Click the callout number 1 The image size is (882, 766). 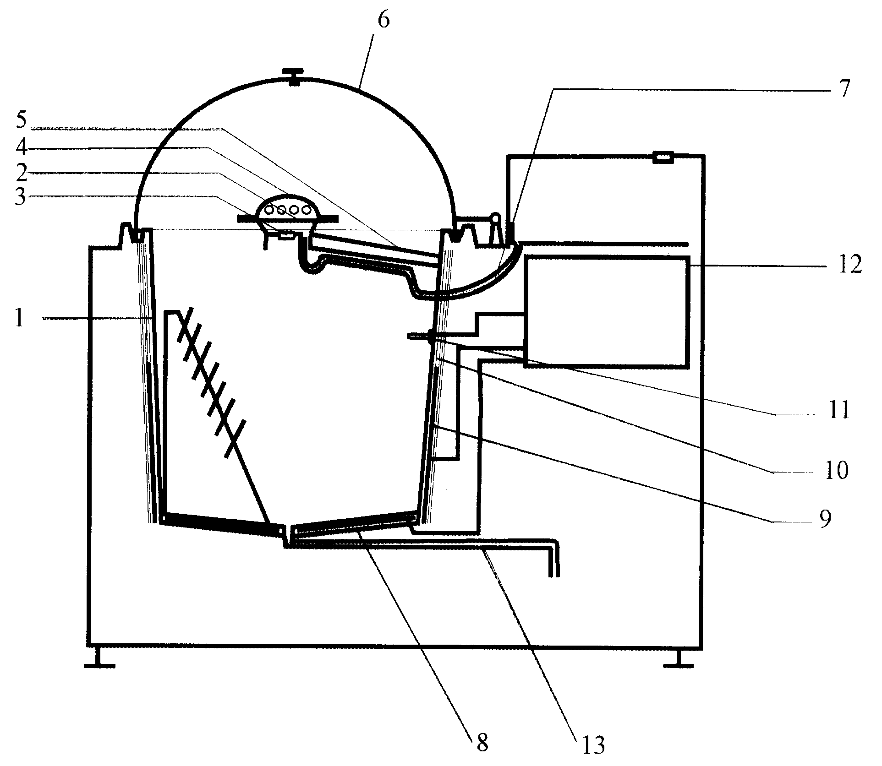pos(19,317)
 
